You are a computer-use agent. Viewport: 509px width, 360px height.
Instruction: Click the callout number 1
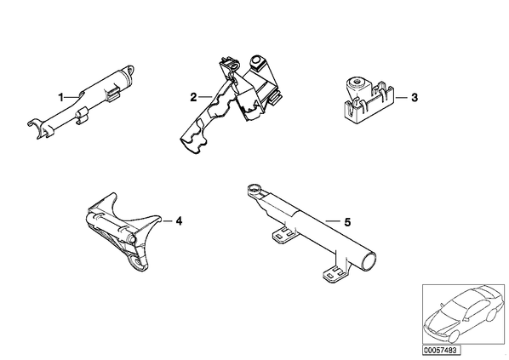pyautogui.click(x=60, y=97)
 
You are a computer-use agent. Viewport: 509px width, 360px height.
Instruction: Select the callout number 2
pyautogui.click(x=193, y=97)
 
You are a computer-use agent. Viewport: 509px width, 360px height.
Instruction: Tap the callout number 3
pyautogui.click(x=415, y=98)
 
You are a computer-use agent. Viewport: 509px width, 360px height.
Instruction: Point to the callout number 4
pyautogui.click(x=179, y=221)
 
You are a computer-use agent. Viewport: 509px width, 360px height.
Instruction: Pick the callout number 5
pyautogui.click(x=347, y=222)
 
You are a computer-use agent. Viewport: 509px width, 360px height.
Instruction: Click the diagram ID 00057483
pyautogui.click(x=441, y=350)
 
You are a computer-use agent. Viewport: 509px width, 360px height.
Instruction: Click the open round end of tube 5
pyautogui.click(x=369, y=260)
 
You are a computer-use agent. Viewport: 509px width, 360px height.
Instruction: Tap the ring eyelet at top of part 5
pyautogui.click(x=254, y=188)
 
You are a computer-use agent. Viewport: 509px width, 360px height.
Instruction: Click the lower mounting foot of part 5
pyautogui.click(x=335, y=273)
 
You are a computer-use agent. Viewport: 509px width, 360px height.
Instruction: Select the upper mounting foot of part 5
pyautogui.click(x=284, y=234)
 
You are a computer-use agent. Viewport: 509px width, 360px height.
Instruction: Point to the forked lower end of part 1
pyautogui.click(x=37, y=128)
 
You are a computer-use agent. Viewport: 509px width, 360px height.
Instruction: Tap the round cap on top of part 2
pyautogui.click(x=256, y=61)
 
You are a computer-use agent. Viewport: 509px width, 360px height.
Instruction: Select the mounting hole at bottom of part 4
pyautogui.click(x=138, y=261)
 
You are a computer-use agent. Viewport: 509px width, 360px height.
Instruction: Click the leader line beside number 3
pyautogui.click(x=401, y=97)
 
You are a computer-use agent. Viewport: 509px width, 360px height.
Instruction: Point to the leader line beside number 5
pyautogui.click(x=333, y=222)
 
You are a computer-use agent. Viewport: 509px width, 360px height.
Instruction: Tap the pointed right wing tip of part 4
pyautogui.click(x=160, y=217)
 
